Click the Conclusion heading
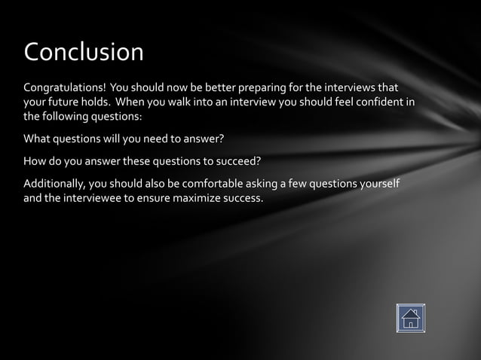(x=84, y=52)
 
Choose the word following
(x=68, y=117)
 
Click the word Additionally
(x=54, y=184)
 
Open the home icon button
(x=410, y=318)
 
